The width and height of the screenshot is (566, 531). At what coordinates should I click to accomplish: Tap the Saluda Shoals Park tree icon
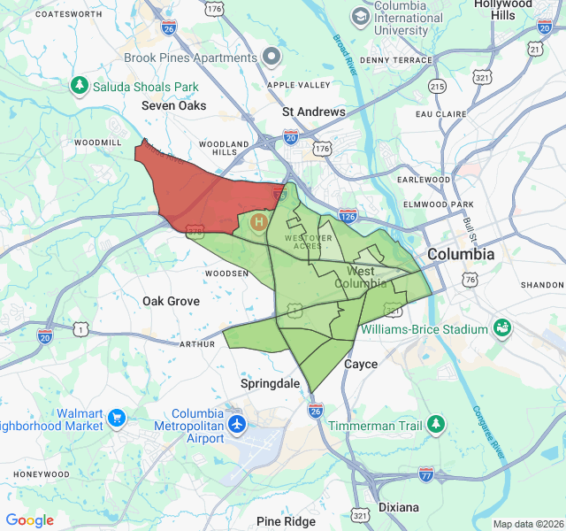(x=80, y=85)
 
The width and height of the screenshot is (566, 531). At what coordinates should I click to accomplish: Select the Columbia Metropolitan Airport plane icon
(x=237, y=424)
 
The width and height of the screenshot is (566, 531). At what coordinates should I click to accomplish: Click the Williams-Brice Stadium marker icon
(x=502, y=329)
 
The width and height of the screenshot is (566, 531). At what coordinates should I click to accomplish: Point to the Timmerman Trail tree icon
(x=435, y=425)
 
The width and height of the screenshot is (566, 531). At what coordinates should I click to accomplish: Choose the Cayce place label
(x=361, y=364)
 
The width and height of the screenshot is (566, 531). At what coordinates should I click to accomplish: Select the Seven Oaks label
(x=174, y=105)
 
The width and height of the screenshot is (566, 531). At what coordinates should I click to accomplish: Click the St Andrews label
(x=314, y=112)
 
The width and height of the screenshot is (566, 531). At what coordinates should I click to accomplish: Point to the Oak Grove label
(x=171, y=301)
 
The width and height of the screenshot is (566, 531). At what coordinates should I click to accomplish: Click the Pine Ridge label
(x=286, y=521)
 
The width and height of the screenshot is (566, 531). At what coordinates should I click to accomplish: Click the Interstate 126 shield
(x=348, y=215)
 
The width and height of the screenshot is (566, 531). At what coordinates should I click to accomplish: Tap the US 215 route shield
(x=437, y=86)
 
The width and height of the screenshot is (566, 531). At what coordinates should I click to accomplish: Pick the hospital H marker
(x=259, y=221)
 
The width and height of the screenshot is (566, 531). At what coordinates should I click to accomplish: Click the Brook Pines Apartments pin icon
(x=272, y=58)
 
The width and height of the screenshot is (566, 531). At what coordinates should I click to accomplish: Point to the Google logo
(x=30, y=520)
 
